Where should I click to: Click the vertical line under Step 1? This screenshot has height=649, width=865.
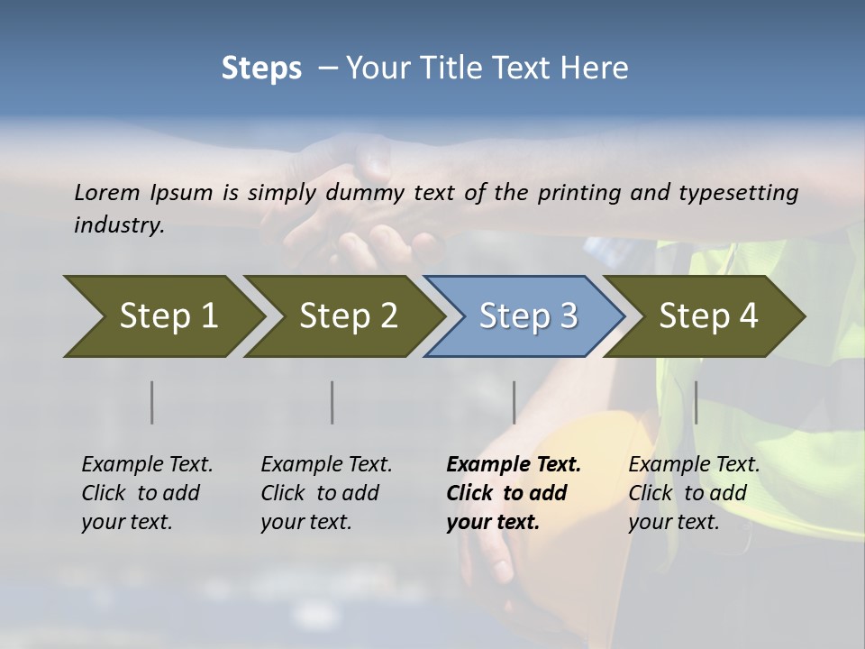(x=151, y=402)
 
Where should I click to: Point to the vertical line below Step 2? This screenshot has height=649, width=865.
(x=332, y=402)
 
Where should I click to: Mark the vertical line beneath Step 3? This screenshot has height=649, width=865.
(x=514, y=402)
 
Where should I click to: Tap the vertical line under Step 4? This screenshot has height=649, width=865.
(x=696, y=402)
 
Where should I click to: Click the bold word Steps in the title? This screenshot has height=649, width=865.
(x=261, y=69)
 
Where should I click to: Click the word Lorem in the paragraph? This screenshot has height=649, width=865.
(x=107, y=192)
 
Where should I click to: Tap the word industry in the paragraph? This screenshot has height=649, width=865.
(x=119, y=224)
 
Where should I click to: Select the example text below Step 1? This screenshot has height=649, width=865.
(x=147, y=492)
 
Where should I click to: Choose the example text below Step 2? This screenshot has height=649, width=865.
(x=326, y=492)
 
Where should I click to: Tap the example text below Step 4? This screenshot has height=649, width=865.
(x=694, y=492)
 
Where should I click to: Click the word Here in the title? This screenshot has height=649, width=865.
(x=599, y=69)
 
